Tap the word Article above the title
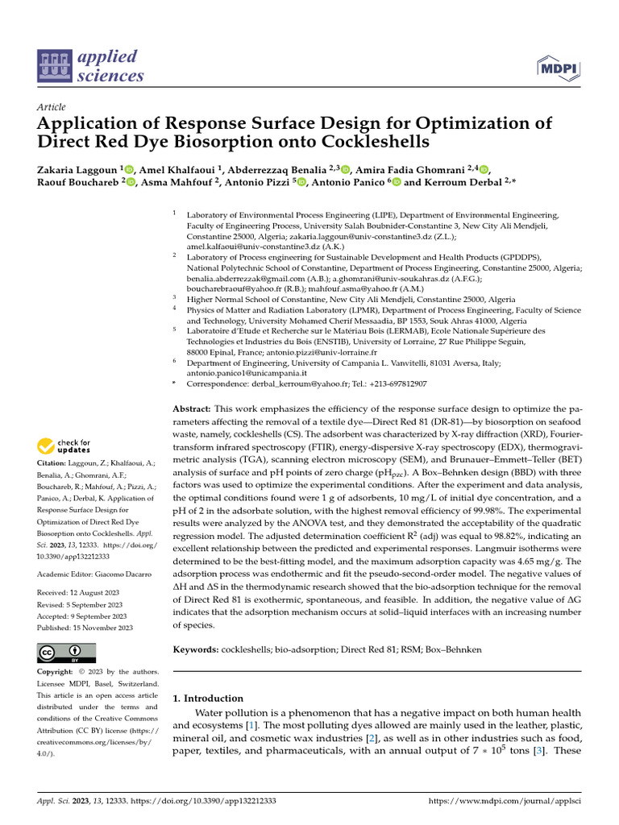pos(52,107)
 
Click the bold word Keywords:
pos(195,649)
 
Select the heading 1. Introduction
pos(209,699)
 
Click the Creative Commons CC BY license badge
pos(67,653)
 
